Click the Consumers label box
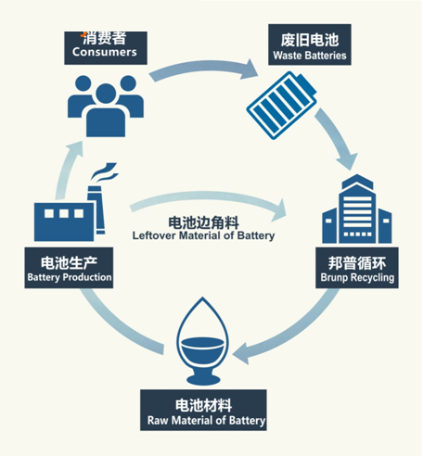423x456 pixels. [106, 48]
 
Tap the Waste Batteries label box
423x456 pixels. [310, 44]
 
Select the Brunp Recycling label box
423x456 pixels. [357, 268]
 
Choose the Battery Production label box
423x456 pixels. [69, 268]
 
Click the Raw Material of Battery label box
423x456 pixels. [203, 410]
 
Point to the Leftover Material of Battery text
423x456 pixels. [203, 235]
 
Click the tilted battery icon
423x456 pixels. [282, 105]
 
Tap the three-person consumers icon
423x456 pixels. [106, 106]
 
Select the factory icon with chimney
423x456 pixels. [76, 202]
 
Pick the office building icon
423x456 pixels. [357, 209]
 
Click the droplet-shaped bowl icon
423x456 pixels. [203, 341]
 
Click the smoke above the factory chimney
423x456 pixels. [105, 173]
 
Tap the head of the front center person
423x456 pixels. [106, 94]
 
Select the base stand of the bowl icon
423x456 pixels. [203, 377]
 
